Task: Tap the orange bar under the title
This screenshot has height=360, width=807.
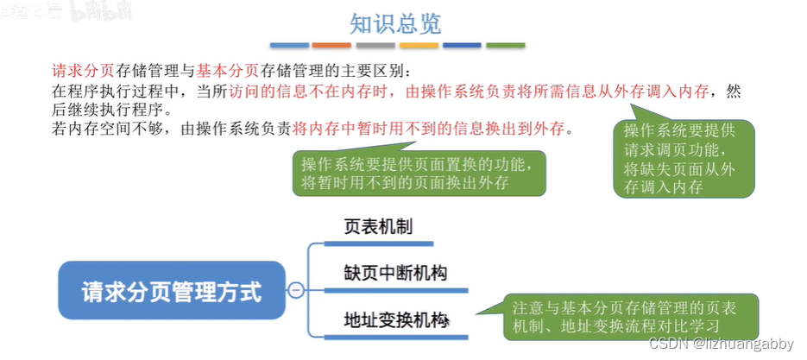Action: coord(331,44)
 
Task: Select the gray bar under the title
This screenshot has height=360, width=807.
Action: coord(375,44)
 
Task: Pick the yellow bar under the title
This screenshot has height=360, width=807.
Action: coord(419,44)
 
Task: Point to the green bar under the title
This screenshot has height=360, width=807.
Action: coord(505,44)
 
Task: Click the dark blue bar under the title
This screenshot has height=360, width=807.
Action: coord(462,44)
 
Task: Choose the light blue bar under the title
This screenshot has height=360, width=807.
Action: coord(288,44)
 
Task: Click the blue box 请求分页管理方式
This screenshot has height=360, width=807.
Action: coord(171,290)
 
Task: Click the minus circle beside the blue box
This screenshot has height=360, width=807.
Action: coord(296,291)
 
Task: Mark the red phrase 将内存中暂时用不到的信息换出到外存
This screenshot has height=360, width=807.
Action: coord(429,129)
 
